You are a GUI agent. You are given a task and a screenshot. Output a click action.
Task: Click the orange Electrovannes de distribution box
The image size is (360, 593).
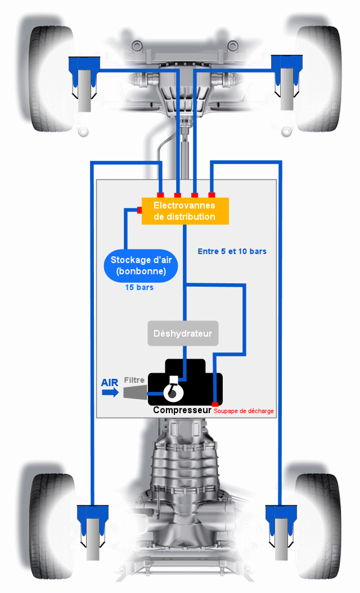[x=185, y=211]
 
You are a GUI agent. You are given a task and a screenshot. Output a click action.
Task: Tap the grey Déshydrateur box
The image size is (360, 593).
[x=183, y=333]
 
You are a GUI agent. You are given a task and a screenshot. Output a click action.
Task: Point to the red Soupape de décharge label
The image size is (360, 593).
[x=244, y=411]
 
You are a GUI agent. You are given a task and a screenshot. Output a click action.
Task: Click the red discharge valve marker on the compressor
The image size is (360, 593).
[x=215, y=404]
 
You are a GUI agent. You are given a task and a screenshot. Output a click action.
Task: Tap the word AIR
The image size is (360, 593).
[x=110, y=383]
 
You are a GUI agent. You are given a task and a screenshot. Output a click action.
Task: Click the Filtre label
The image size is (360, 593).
[x=134, y=380]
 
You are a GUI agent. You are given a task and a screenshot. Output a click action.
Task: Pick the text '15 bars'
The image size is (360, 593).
[x=139, y=287]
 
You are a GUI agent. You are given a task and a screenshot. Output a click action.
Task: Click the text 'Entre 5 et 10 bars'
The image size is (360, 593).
[x=232, y=251]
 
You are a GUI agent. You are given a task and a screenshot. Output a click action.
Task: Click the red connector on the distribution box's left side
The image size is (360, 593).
[x=139, y=210]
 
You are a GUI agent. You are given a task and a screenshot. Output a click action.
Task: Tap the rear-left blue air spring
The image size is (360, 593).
[x=92, y=520]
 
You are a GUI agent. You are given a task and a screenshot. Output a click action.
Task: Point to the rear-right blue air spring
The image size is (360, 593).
[x=280, y=520]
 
